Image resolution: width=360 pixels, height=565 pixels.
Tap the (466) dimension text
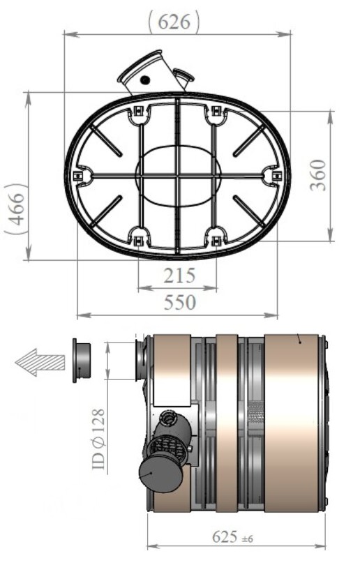coord(16,209)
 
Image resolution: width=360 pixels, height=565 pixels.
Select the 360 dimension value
coord(318,175)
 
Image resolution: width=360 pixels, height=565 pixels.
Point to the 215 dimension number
coord(179,276)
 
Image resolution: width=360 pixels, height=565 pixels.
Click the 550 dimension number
coord(180,302)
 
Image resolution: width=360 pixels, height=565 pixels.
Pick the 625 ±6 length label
coord(232,536)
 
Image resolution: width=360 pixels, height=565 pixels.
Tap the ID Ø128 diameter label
coord(99,439)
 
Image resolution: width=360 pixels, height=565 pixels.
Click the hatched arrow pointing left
coord(40,362)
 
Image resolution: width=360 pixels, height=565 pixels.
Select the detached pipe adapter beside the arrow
coord(82,361)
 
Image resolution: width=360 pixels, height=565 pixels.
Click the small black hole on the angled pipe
coord(145,80)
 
